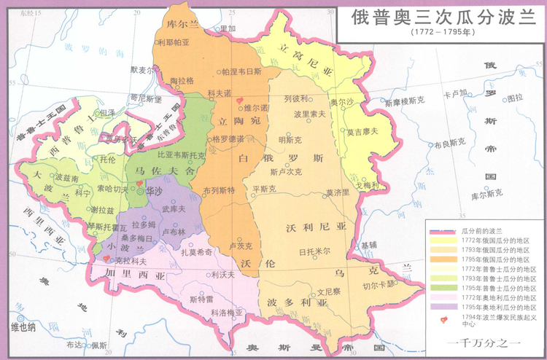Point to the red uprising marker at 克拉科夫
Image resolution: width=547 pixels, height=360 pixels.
pos(108,258)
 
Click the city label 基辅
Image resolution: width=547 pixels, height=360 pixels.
pos(369,244)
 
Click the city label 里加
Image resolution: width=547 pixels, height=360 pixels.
pos(228,28)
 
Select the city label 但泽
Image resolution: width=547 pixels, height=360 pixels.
pos(106,112)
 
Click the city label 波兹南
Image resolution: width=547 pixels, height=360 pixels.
pos(67,177)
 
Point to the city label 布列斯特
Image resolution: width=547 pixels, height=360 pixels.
pos(219,190)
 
